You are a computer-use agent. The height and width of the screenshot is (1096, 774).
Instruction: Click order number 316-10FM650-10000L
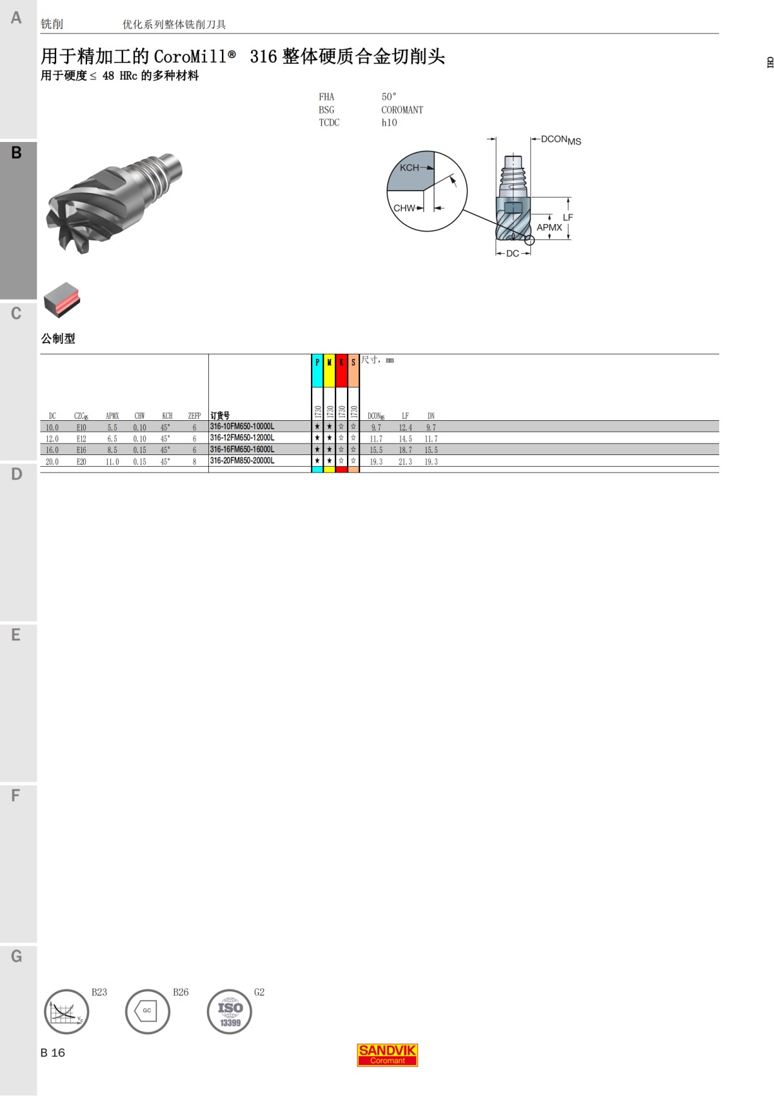click(x=243, y=427)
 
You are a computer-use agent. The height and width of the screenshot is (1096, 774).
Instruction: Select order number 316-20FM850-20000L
click(x=243, y=461)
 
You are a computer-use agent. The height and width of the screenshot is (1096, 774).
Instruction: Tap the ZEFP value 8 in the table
click(x=194, y=462)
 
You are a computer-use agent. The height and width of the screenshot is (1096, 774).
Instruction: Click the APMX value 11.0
click(x=112, y=462)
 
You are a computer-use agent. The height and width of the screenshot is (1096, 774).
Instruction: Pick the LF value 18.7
click(x=405, y=450)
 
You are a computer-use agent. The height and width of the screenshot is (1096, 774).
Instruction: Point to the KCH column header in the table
click(x=167, y=416)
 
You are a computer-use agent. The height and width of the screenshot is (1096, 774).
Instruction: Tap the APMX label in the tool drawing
click(x=549, y=227)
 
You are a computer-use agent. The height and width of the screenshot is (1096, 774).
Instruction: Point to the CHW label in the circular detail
click(x=404, y=208)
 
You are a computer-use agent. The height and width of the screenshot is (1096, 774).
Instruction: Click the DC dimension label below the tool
click(x=513, y=254)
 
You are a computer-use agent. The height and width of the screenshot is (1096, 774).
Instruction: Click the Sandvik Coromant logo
click(x=388, y=1055)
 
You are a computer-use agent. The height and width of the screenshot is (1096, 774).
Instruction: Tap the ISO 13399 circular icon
click(x=230, y=1011)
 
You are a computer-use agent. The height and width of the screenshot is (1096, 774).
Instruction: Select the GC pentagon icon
click(x=148, y=1011)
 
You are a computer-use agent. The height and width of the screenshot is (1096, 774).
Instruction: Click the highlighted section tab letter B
click(x=17, y=153)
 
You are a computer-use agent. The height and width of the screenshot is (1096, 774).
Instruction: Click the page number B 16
click(x=53, y=1053)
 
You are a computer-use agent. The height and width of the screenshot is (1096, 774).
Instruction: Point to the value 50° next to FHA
click(x=389, y=97)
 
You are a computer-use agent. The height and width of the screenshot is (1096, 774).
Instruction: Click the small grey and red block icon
click(x=62, y=299)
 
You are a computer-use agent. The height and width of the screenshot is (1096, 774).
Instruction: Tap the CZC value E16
click(x=81, y=450)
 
